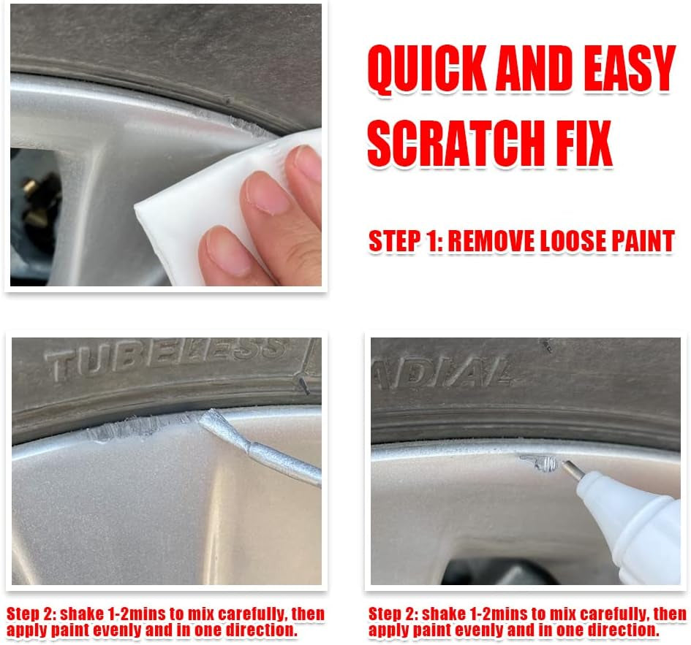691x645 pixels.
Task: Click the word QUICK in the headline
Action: [x=426, y=69]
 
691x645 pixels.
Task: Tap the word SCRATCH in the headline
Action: [x=454, y=143]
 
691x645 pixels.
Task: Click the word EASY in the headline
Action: [x=630, y=68]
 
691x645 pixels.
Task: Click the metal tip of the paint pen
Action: [x=572, y=470]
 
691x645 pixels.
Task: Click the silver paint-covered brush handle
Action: [x=260, y=447]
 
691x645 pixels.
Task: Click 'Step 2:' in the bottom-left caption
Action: [x=31, y=614]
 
